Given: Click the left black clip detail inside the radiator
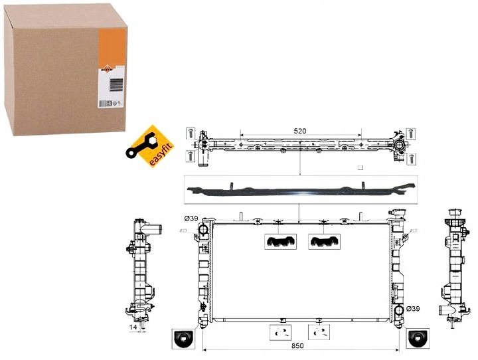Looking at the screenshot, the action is (279, 242).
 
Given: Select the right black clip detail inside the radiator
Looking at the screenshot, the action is (323, 242).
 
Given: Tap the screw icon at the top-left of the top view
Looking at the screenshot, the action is (191, 132).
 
